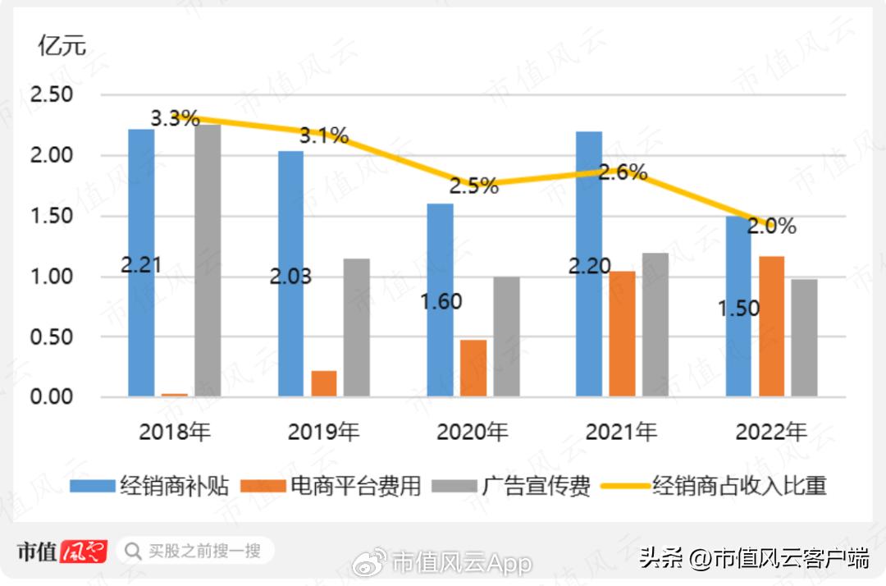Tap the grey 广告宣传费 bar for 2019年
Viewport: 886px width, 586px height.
tap(356, 328)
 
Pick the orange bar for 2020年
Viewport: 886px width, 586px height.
tap(473, 369)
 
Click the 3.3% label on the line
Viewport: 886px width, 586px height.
tap(176, 118)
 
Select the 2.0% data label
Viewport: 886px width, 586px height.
tap(771, 226)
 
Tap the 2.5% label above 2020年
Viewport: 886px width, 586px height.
tap(473, 186)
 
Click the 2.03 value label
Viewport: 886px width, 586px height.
tap(290, 277)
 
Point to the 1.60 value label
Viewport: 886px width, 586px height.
tap(441, 301)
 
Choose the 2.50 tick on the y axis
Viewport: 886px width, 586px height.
tap(51, 94)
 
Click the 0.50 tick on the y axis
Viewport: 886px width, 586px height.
tap(51, 337)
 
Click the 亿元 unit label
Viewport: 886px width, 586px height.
tap(62, 46)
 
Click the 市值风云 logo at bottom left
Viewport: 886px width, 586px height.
tap(62, 550)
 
